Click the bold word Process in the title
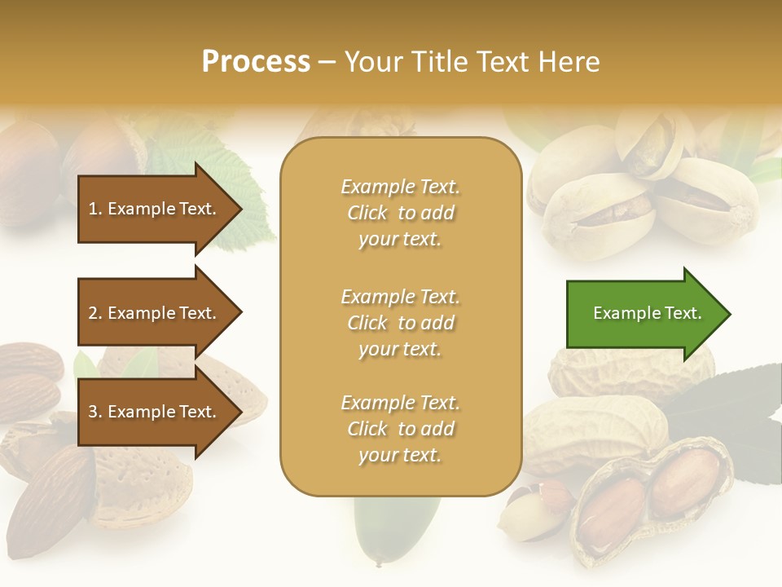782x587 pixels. [x=256, y=62]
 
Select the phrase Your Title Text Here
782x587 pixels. [x=472, y=62]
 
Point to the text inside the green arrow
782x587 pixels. [x=648, y=313]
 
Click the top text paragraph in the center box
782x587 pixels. [x=400, y=213]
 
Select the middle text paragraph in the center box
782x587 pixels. [x=400, y=323]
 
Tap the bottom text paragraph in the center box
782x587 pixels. [x=400, y=429]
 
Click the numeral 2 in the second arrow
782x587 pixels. [x=93, y=313]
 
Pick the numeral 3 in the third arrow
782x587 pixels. [x=93, y=412]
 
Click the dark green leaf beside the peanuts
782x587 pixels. [x=733, y=408]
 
